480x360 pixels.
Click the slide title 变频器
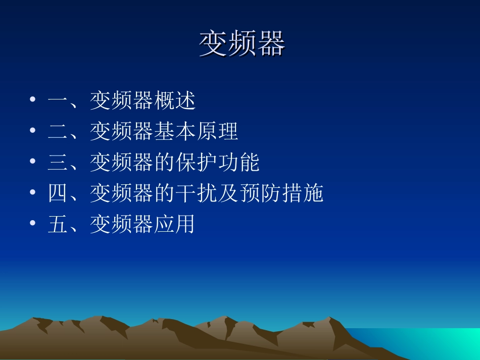point(242,44)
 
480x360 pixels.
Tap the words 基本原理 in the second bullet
point(196,132)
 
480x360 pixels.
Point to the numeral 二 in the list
point(58,132)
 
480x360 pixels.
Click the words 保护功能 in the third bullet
point(217,163)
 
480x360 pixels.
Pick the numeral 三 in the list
point(58,163)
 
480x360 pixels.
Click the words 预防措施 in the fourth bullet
point(280,193)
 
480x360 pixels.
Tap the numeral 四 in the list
point(58,193)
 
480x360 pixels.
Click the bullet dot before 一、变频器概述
point(33,100)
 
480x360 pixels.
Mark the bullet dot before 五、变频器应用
point(33,223)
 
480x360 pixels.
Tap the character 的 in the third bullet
point(164,163)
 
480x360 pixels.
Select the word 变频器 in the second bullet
point(121,132)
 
